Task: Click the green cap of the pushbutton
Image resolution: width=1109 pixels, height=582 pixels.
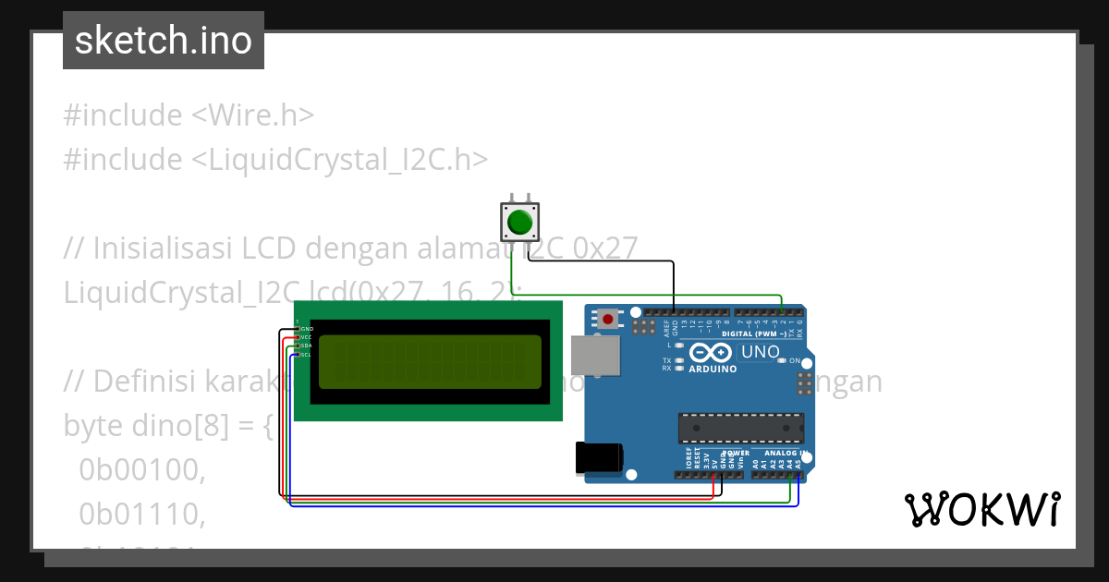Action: tap(520, 223)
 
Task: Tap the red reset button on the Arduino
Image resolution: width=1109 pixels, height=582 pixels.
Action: tap(607, 320)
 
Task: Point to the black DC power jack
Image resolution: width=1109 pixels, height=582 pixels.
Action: tap(599, 458)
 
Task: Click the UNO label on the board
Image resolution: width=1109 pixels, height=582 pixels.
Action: tap(761, 353)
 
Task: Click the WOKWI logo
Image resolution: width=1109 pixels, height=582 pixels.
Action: tap(981, 509)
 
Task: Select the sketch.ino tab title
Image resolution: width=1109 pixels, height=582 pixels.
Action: tap(163, 41)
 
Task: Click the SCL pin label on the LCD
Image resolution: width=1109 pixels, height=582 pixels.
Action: tap(306, 355)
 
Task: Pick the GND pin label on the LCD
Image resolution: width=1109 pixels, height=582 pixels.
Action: tap(306, 329)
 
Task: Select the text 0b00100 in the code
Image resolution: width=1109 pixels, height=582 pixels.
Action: tap(141, 470)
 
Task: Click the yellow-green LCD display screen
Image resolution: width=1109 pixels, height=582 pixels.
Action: tap(430, 362)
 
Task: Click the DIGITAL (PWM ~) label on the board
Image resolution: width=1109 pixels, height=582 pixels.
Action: tap(754, 333)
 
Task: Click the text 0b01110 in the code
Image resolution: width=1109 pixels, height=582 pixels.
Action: tap(141, 513)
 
